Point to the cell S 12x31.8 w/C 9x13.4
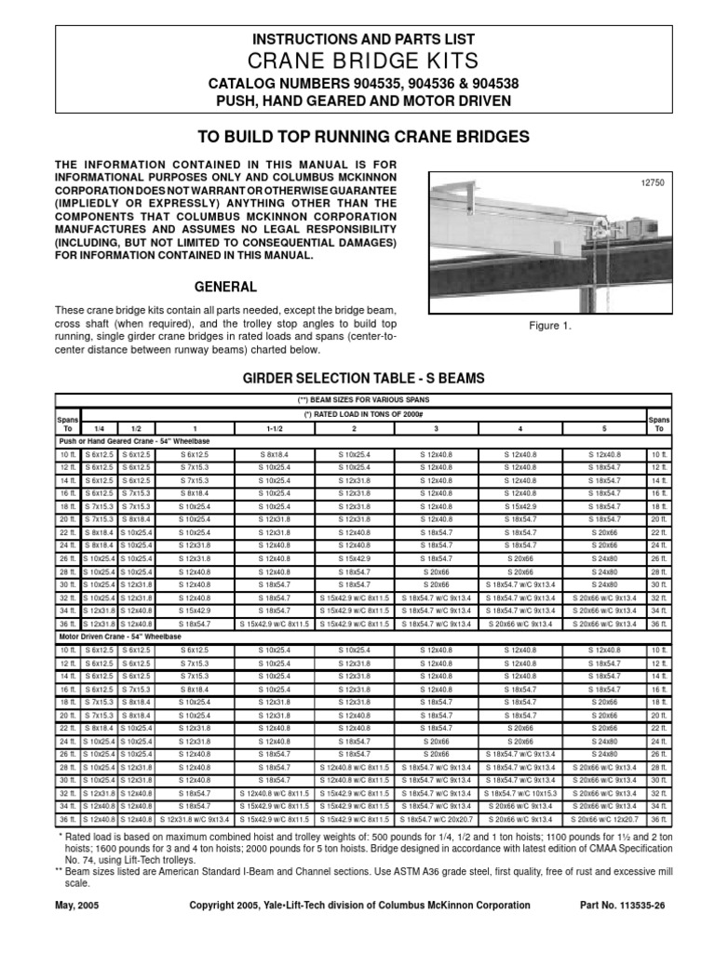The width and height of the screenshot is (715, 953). coord(195,819)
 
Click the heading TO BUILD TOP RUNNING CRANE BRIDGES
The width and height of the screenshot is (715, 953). coord(364,137)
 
